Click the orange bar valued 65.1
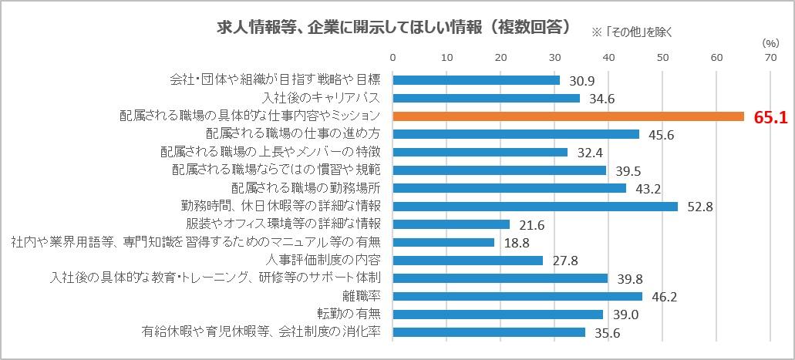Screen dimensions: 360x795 coord(568,116)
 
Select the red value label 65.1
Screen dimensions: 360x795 coord(769,117)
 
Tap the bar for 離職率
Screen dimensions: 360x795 coord(517,296)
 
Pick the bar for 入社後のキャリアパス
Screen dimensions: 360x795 coord(487,98)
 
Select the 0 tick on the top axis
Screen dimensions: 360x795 coord(393,57)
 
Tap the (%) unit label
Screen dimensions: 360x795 coord(770,43)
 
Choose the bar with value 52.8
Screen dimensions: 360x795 coord(535,207)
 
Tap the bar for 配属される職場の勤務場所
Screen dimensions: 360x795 coord(510,188)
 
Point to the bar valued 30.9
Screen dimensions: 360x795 coord(477,80)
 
